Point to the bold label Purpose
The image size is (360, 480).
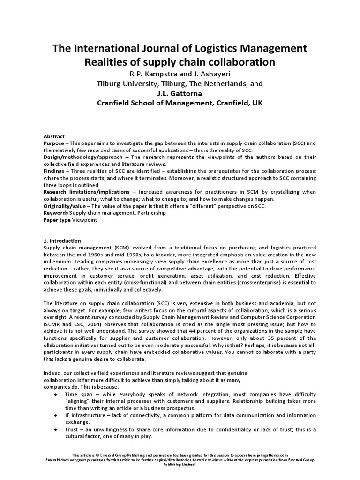(x=53, y=143)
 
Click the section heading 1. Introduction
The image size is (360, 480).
(x=62, y=240)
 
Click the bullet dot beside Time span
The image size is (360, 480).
(x=56, y=395)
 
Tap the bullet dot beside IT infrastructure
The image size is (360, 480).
(x=56, y=415)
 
